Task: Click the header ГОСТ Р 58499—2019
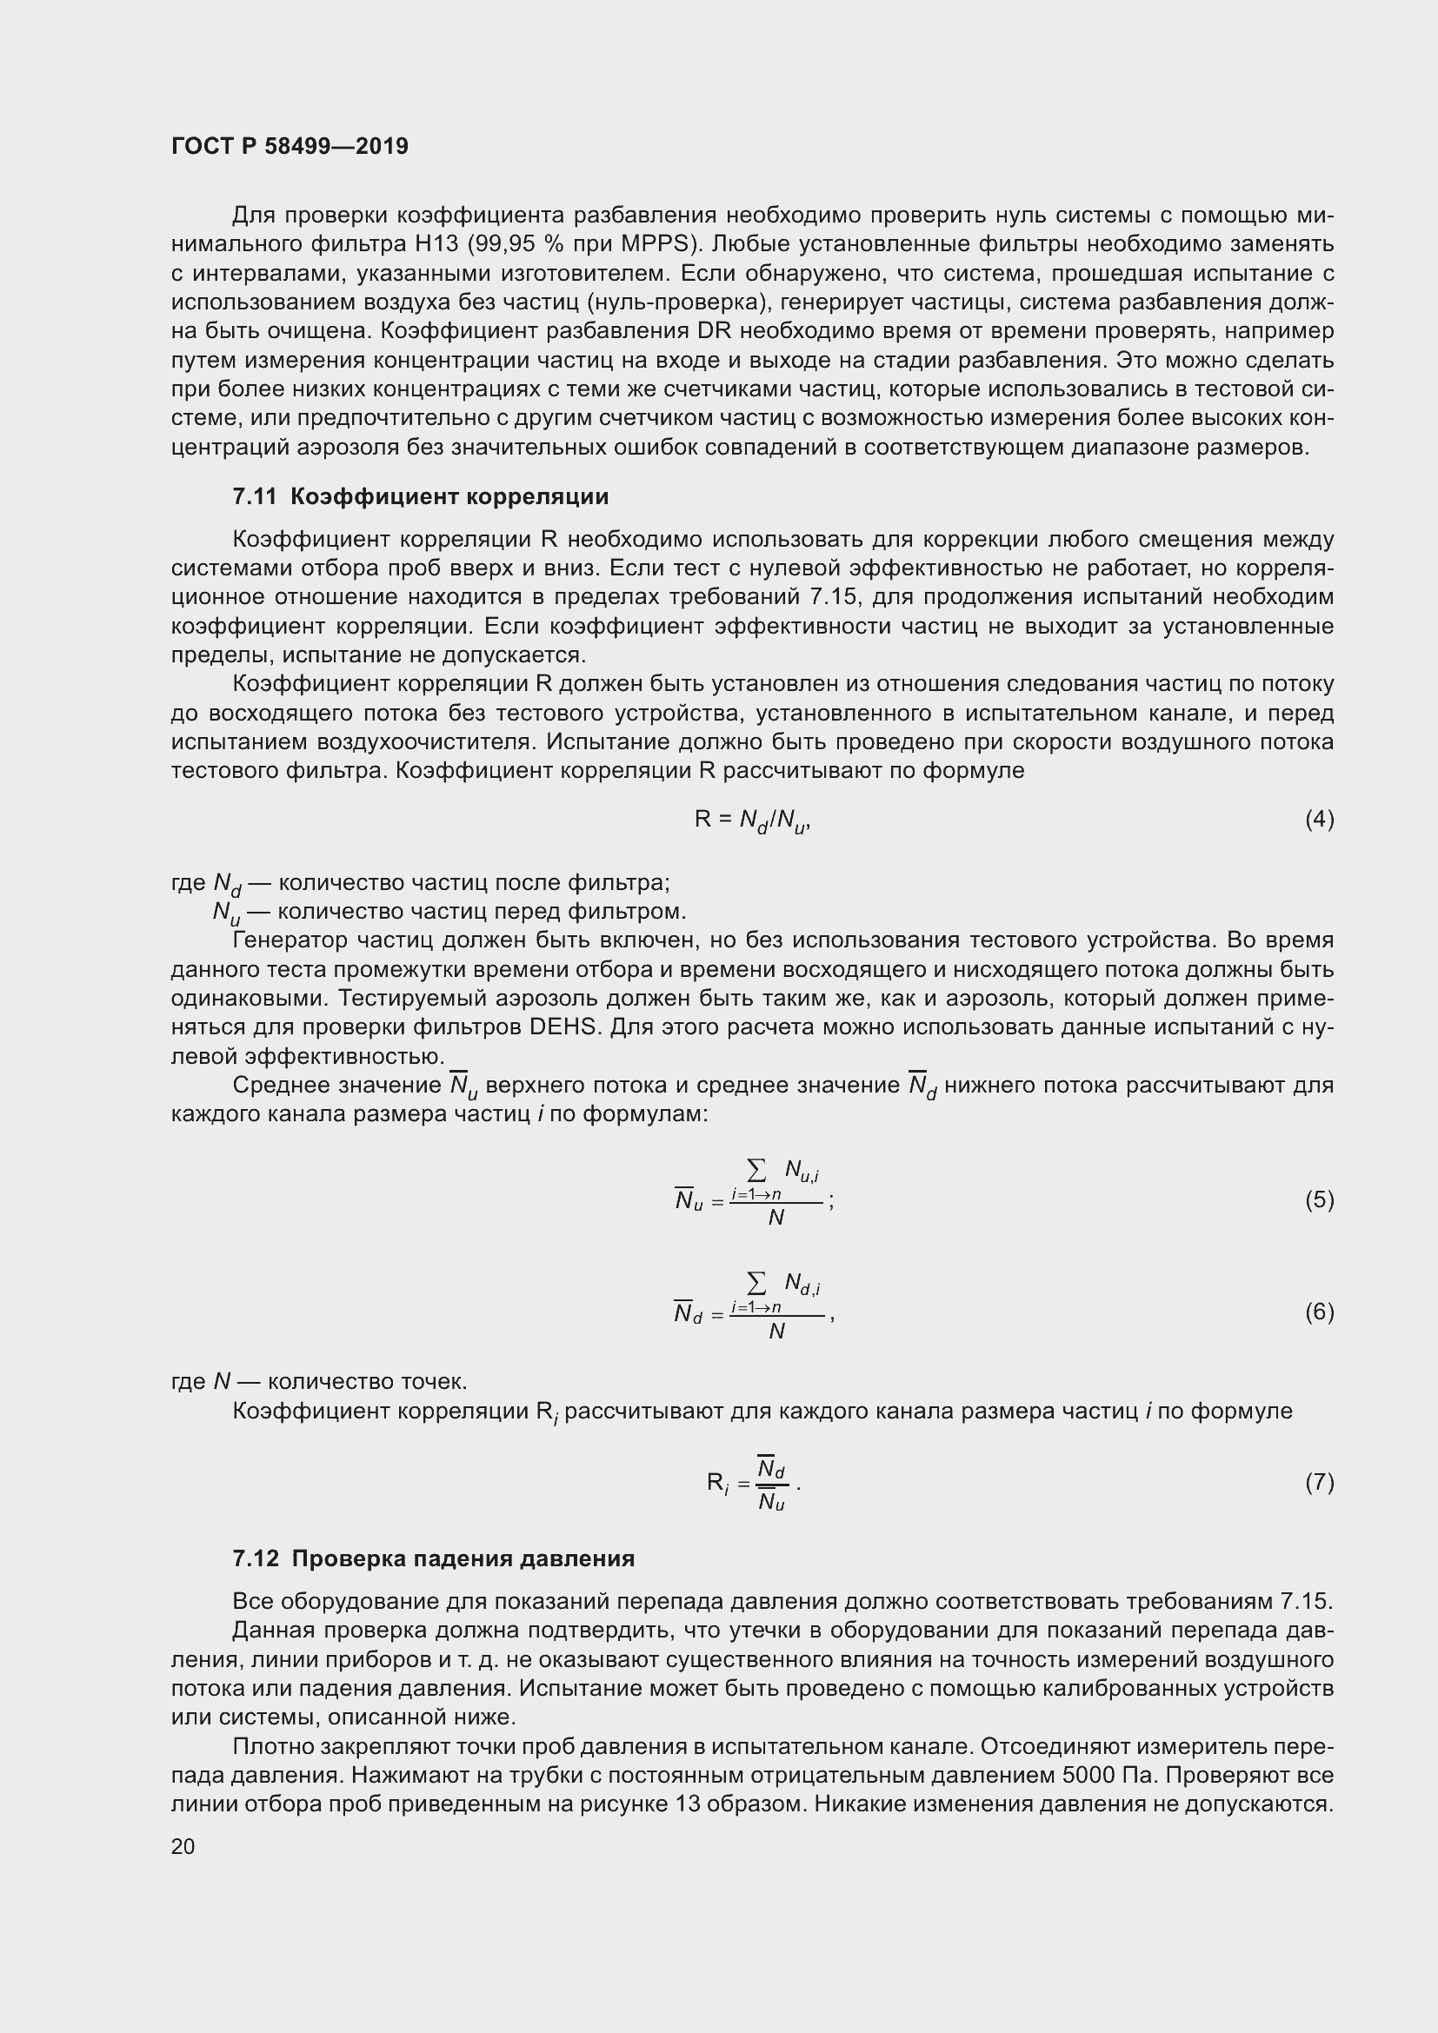(x=290, y=146)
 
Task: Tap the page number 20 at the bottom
(x=183, y=1846)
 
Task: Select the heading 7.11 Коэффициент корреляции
(x=421, y=497)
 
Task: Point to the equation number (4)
(x=1319, y=819)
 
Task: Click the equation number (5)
(x=1319, y=1199)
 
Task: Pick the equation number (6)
(x=1319, y=1312)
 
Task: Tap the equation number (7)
(x=1319, y=1482)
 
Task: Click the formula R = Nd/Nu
(x=752, y=821)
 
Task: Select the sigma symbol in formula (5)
(x=756, y=1171)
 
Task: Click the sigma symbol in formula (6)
(x=756, y=1282)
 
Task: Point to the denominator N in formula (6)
(x=776, y=1331)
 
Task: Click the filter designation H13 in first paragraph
(x=487, y=243)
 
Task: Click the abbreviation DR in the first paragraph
(x=712, y=331)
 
